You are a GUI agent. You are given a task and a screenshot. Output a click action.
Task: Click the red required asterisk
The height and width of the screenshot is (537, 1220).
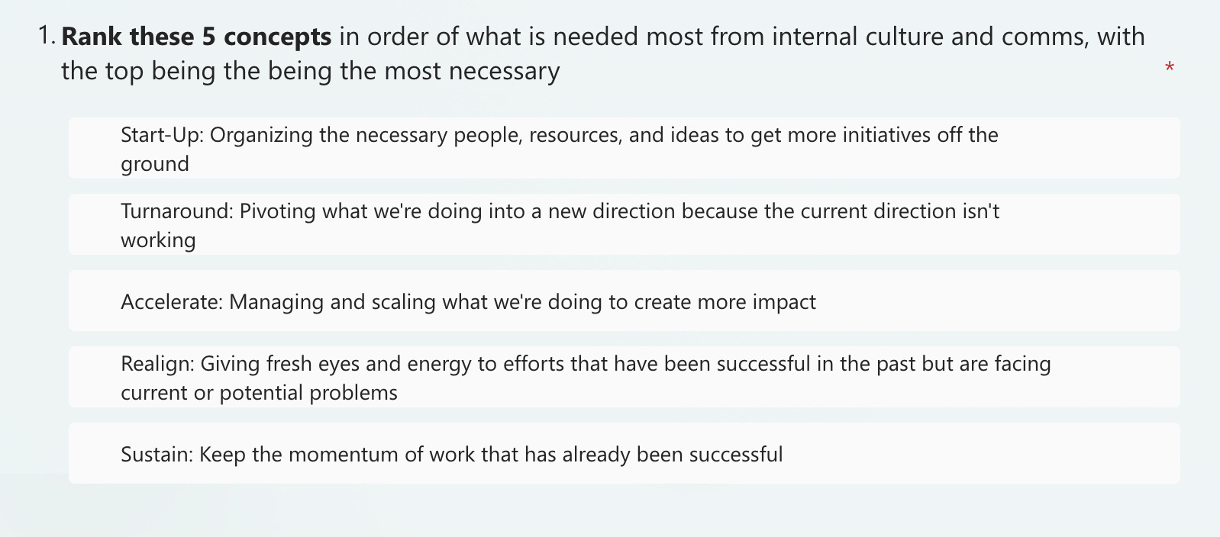1169,68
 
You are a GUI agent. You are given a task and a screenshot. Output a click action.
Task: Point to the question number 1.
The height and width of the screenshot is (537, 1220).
46,36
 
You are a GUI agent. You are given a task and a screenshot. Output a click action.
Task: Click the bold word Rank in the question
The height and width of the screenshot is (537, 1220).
89,36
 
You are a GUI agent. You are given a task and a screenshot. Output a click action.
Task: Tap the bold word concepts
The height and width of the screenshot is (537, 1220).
277,36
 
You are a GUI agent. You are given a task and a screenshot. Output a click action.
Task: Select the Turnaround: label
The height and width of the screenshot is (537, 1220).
176,211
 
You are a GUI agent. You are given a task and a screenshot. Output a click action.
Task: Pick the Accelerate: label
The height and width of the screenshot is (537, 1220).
172,302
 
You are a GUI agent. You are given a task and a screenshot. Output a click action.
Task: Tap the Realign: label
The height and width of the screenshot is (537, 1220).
157,364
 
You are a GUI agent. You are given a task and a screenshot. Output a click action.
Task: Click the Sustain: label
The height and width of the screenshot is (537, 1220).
157,455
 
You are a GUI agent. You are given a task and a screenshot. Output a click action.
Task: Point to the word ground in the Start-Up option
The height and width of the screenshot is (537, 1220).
155,164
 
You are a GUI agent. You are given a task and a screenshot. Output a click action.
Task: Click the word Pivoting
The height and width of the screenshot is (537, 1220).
277,211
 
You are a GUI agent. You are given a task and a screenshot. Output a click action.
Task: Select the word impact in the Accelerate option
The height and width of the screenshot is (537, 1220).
784,302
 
